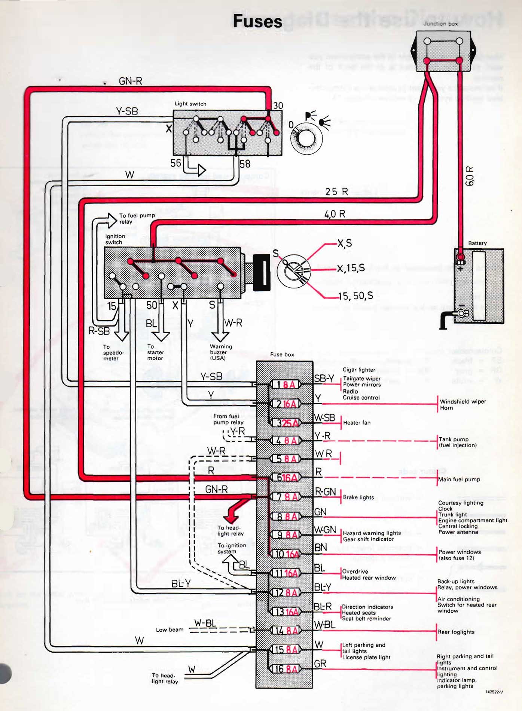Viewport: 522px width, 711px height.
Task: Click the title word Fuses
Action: pyautogui.click(x=257, y=21)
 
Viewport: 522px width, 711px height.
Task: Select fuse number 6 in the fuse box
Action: pyautogui.click(x=286, y=478)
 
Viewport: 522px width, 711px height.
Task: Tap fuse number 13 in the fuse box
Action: pyautogui.click(x=286, y=612)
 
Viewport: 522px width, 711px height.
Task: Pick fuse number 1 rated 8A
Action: pyautogui.click(x=286, y=384)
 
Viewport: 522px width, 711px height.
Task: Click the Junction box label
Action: pyautogui.click(x=440, y=24)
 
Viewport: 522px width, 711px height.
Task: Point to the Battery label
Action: pyautogui.click(x=477, y=243)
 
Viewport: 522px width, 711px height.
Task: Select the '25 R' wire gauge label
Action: pyautogui.click(x=336, y=192)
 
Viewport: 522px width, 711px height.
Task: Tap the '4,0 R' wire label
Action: pyautogui.click(x=335, y=214)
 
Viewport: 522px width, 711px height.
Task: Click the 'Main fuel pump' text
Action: pyautogui.click(x=459, y=479)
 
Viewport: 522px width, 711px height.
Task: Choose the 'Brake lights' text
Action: pyautogui.click(x=358, y=497)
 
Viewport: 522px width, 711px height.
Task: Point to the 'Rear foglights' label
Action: pyautogui.click(x=456, y=632)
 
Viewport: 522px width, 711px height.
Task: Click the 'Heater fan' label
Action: pyautogui.click(x=357, y=423)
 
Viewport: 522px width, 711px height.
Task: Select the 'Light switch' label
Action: pyautogui.click(x=190, y=104)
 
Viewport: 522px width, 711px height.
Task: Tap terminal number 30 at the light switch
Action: pyautogui.click(x=278, y=106)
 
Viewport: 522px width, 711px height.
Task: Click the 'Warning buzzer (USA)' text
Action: pyautogui.click(x=221, y=352)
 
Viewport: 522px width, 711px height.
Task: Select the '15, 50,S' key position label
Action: pyautogui.click(x=355, y=296)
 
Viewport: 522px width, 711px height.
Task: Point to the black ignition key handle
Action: pyautogui.click(x=262, y=272)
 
